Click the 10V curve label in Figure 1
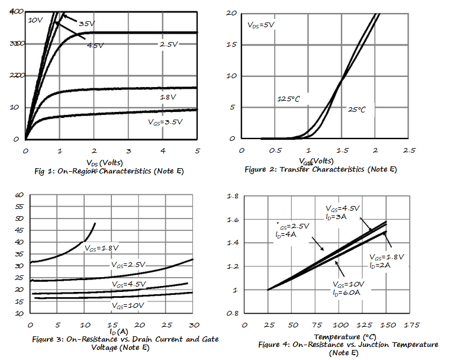tap(36, 20)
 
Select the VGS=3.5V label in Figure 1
tap(165, 123)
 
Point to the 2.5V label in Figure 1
tap(169, 44)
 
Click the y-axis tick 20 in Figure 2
tap(232, 12)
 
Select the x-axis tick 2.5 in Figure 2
tap(409, 151)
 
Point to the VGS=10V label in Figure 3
tap(128, 306)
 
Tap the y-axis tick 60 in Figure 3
tap(18, 195)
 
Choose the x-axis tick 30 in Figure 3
tap(193, 326)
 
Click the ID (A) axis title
tap(119, 332)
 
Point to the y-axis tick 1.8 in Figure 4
tap(233, 196)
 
